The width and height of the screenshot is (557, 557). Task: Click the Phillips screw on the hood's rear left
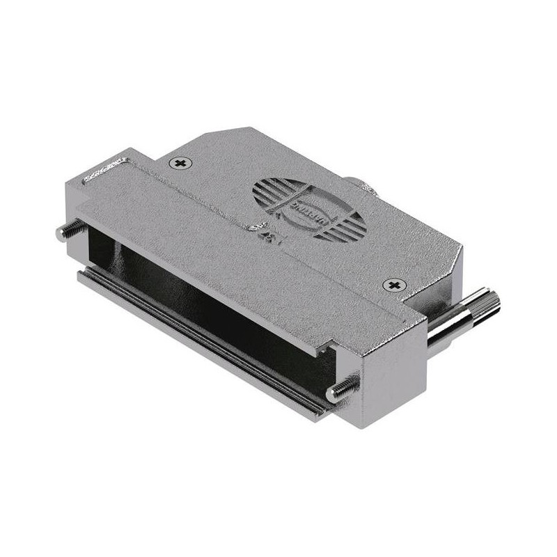tap(182, 163)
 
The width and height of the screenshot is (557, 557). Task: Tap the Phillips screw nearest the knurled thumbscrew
tap(394, 285)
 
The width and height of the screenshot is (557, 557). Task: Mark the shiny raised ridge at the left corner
tap(104, 171)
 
